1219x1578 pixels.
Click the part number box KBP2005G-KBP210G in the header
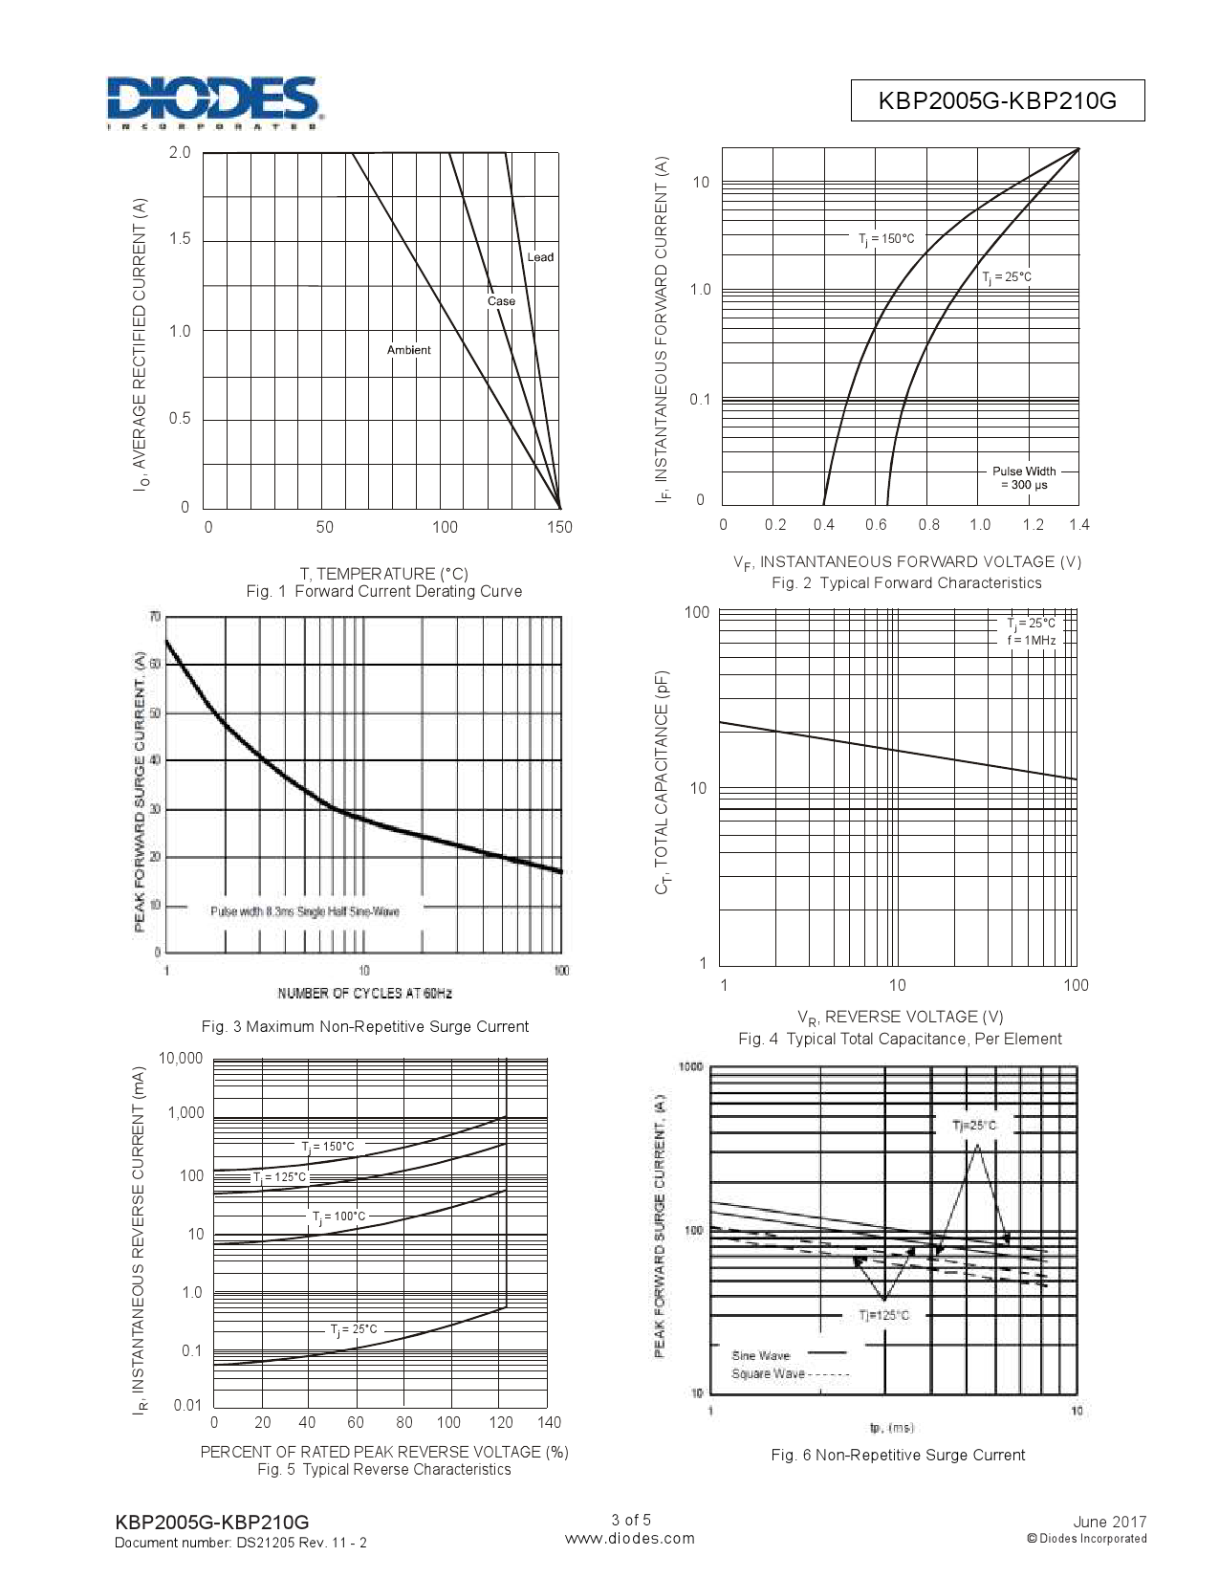[x=997, y=100]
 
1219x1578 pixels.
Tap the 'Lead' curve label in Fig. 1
[x=540, y=257]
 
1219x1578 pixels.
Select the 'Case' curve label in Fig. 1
[x=501, y=301]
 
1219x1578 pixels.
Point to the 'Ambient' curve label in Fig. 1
[x=408, y=350]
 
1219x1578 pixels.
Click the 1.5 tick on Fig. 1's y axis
[x=180, y=239]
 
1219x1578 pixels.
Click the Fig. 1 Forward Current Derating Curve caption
[x=383, y=591]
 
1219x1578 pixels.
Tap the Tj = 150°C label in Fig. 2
[x=886, y=239]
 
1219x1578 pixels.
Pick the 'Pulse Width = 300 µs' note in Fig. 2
[x=1024, y=478]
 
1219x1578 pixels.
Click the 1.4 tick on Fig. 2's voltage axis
[x=1079, y=525]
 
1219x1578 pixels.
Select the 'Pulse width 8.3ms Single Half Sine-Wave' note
[x=304, y=911]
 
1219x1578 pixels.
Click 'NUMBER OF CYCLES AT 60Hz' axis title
[x=364, y=994]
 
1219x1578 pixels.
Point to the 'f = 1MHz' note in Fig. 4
[x=1031, y=640]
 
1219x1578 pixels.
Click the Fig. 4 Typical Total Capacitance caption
[x=899, y=1039]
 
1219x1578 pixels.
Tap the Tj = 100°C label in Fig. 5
[x=338, y=1217]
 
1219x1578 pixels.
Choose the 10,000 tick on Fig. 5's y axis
[x=181, y=1059]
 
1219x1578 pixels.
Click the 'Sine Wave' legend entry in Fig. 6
[x=761, y=1355]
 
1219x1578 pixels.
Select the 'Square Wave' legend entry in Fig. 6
[x=768, y=1374]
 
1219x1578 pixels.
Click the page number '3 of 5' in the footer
[x=630, y=1520]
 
